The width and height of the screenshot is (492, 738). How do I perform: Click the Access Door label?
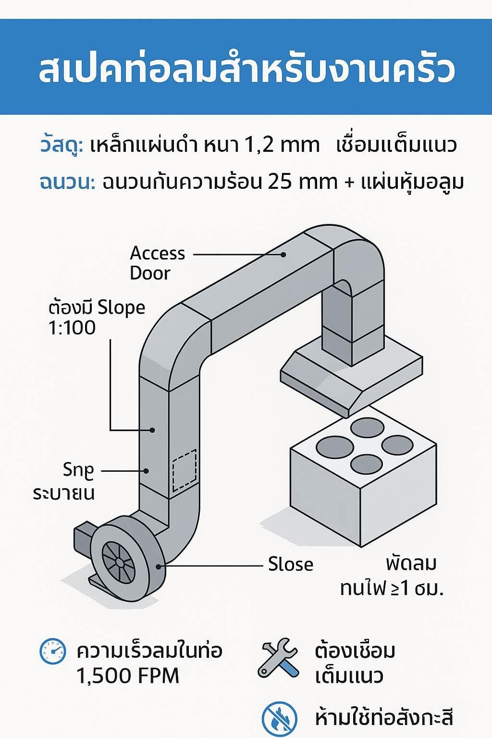coord(157,263)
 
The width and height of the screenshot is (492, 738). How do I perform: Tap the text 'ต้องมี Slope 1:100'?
coord(97,318)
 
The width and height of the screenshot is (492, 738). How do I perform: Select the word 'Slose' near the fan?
coord(290,564)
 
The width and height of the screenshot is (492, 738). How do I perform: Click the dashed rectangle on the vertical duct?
coord(184,470)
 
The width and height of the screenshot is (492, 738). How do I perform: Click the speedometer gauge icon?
coord(52,652)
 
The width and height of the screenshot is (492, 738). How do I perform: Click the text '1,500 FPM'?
coord(128,676)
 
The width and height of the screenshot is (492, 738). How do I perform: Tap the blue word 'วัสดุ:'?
coord(61,145)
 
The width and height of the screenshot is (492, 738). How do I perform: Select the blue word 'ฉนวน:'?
coord(67,183)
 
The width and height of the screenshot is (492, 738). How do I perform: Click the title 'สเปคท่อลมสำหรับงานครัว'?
coord(246,70)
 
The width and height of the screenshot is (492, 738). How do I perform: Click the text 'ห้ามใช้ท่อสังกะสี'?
coord(384,718)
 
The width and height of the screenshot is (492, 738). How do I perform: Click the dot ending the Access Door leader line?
coord(284,254)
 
